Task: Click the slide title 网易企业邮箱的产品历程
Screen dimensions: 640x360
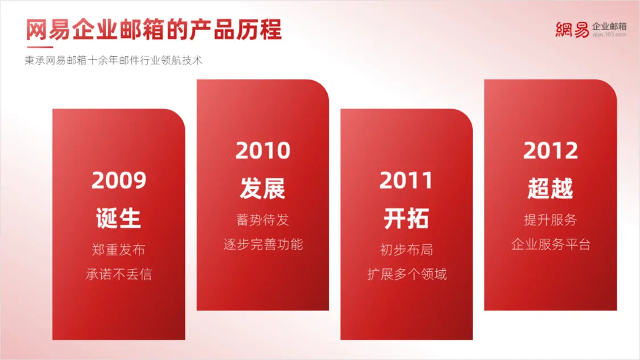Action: click(x=154, y=30)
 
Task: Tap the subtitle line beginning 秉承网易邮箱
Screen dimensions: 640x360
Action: click(x=113, y=60)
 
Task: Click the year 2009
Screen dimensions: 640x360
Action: click(x=119, y=180)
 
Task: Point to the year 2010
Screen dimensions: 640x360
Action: click(x=263, y=151)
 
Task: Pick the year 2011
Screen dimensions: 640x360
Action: click(x=406, y=180)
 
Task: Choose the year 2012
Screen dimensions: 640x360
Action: click(x=551, y=151)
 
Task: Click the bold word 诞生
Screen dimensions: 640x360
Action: click(x=118, y=218)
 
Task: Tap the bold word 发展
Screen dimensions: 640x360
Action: click(x=262, y=188)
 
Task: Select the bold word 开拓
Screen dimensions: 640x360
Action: click(x=406, y=218)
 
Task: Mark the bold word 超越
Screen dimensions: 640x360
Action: click(x=550, y=188)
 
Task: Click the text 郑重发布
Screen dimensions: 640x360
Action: click(x=118, y=250)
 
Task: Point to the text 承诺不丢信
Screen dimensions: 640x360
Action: click(x=118, y=274)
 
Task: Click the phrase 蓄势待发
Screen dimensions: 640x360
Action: click(x=262, y=220)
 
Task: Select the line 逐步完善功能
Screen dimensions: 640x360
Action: click(x=263, y=244)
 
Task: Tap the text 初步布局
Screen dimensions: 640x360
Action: click(x=406, y=250)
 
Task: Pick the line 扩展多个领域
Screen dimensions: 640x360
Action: click(x=407, y=274)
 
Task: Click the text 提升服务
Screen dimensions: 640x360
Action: click(x=550, y=220)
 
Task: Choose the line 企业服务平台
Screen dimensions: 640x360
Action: click(x=551, y=244)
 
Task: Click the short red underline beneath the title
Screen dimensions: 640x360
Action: click(x=40, y=47)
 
